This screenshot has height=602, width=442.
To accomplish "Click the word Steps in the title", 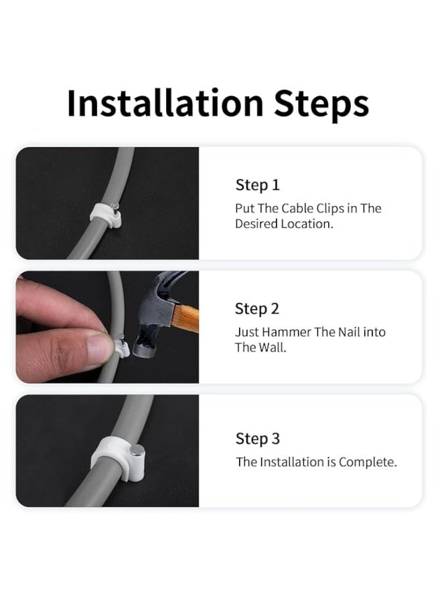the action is pos(321,104).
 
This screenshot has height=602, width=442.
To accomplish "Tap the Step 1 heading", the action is pos(257,185).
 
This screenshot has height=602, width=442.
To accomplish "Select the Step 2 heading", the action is pos(256,308).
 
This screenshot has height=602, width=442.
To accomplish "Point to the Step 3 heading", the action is pos(258,438).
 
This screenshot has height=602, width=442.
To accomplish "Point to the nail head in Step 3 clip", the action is pos(137,451).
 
